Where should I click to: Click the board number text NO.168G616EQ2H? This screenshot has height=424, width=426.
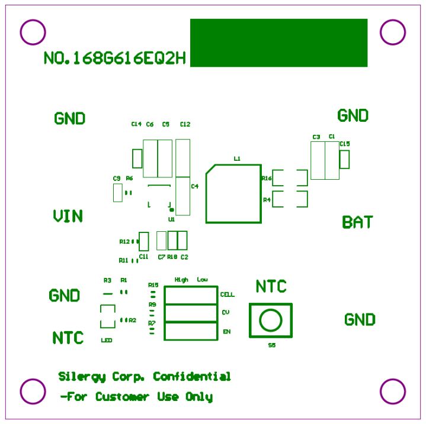115,59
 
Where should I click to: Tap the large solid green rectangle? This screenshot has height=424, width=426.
278,43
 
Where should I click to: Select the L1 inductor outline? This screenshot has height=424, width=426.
233,193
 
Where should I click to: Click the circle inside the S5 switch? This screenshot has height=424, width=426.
271,320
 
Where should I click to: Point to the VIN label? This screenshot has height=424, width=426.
68,216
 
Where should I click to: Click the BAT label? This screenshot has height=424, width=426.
358,222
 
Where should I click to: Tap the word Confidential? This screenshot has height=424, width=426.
192,377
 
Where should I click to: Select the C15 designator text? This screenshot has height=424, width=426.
344,144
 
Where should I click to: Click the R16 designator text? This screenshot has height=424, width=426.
266,178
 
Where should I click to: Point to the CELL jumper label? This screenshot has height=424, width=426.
227,294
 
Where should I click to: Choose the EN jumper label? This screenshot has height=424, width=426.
226,332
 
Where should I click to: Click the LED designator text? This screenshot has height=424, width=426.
107,341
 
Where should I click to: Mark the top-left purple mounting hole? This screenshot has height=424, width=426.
33,32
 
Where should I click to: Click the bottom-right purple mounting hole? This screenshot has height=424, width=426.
392,391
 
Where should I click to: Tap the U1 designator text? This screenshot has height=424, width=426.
171,219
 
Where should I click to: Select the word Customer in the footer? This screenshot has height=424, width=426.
123,397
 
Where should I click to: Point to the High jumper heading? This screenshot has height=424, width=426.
181,279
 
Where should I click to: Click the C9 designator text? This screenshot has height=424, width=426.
116,178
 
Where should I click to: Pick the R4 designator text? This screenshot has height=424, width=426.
267,200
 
